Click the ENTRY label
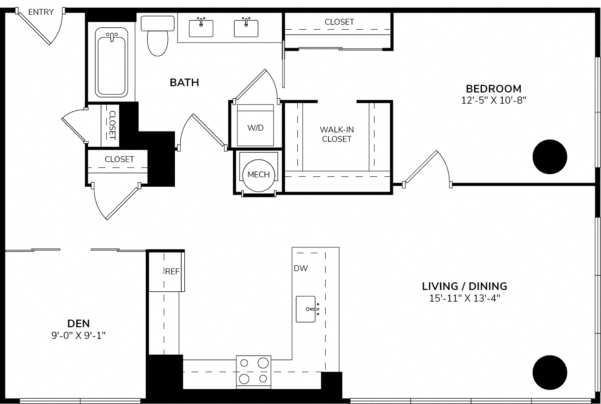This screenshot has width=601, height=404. click(41, 12)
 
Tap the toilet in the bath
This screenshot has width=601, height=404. click(157, 36)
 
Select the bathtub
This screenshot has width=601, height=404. click(111, 62)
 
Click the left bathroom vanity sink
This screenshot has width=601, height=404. click(201, 27)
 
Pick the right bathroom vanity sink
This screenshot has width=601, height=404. click(246, 27)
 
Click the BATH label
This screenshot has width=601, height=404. click(184, 83)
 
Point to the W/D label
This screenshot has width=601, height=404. click(256, 128)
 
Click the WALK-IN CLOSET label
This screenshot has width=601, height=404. click(337, 134)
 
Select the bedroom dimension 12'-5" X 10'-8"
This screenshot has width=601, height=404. click(494, 101)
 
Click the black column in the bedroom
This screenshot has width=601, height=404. click(550, 157)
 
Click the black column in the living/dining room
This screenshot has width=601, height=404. click(550, 373)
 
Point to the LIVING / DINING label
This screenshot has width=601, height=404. click(465, 286)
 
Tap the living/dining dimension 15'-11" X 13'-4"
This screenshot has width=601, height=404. click(465, 299)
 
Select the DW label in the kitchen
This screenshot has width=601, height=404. click(301, 268)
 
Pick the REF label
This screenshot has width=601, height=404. click(172, 272)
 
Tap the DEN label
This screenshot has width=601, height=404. click(78, 323)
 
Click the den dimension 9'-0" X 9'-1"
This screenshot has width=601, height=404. click(78, 335)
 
